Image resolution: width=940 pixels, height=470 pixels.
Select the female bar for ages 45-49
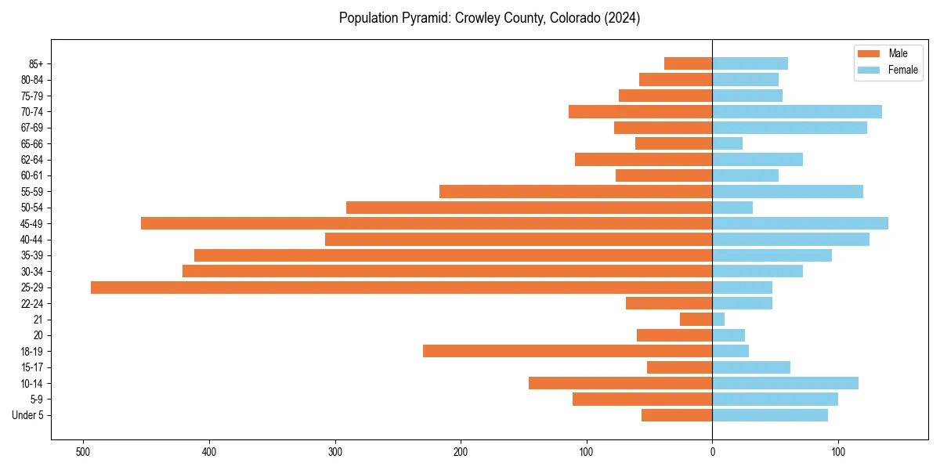click(800, 223)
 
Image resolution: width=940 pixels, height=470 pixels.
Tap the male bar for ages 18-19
click(567, 351)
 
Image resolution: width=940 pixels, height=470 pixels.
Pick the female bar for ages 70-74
click(797, 111)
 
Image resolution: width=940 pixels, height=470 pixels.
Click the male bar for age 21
click(696, 320)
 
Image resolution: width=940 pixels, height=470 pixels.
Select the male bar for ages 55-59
click(576, 191)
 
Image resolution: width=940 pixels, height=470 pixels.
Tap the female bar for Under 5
click(770, 415)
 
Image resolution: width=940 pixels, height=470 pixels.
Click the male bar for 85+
click(688, 63)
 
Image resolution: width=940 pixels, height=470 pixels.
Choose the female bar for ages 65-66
click(727, 143)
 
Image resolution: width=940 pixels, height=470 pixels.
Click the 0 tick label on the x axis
click(712, 452)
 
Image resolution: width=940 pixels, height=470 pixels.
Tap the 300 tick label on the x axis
click(334, 452)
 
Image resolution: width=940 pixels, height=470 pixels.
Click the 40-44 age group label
click(32, 240)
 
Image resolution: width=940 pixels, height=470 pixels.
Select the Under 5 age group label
click(28, 415)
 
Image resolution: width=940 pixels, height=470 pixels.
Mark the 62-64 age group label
click(32, 160)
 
